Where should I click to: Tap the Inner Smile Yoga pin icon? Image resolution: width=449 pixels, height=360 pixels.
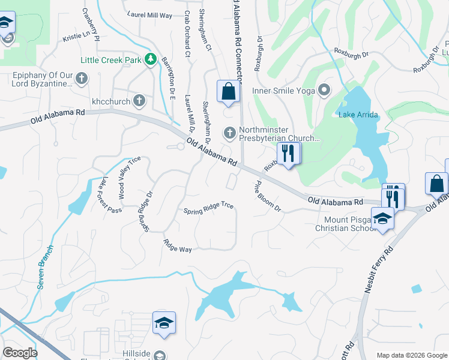coord(325,91)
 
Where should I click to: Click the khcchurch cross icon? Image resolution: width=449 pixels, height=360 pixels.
coord(139,101)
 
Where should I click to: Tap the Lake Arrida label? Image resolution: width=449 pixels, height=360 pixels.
coord(355,115)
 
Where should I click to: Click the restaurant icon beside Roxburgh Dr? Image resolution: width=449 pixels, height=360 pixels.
coord(288,154)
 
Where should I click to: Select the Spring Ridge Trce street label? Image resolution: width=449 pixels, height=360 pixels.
coord(208,208)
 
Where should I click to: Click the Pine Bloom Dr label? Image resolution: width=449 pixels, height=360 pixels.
coord(268,196)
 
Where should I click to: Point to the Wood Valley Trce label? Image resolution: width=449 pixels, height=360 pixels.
coord(129,177)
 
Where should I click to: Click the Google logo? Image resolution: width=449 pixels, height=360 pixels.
coord(20,353)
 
